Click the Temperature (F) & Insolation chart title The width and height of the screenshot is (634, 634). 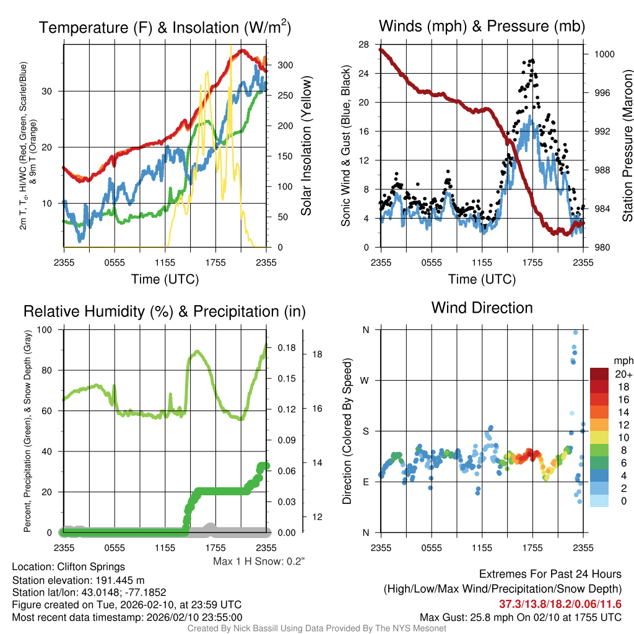coord(165,27)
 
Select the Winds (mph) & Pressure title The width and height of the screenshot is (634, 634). coord(482,26)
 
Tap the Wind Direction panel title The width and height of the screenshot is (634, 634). coord(482,308)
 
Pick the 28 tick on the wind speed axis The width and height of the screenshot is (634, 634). coord(363,44)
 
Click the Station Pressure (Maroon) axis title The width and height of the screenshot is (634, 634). coord(627,146)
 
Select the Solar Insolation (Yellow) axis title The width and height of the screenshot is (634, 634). coord(306,146)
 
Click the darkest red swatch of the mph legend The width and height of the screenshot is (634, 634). coord(599,374)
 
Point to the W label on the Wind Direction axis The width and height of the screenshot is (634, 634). coord(365,380)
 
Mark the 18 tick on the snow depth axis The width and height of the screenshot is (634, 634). coord(318,354)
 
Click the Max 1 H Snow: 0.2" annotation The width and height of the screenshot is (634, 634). coord(259,562)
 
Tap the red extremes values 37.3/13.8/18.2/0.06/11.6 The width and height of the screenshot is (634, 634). coord(560,604)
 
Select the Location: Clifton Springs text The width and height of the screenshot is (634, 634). coord(68,567)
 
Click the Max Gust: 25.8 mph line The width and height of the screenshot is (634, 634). coord(520,617)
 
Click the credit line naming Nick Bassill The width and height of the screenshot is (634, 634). coord(316,628)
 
